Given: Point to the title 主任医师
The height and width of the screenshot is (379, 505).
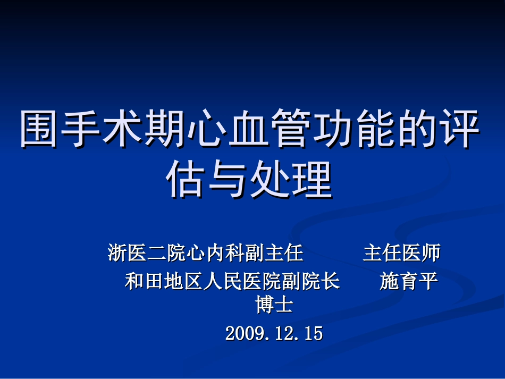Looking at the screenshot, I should click(402, 253).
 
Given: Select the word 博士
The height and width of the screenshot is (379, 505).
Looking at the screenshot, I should click(274, 305).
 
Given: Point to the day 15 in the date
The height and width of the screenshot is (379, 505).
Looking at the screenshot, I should click(313, 333).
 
